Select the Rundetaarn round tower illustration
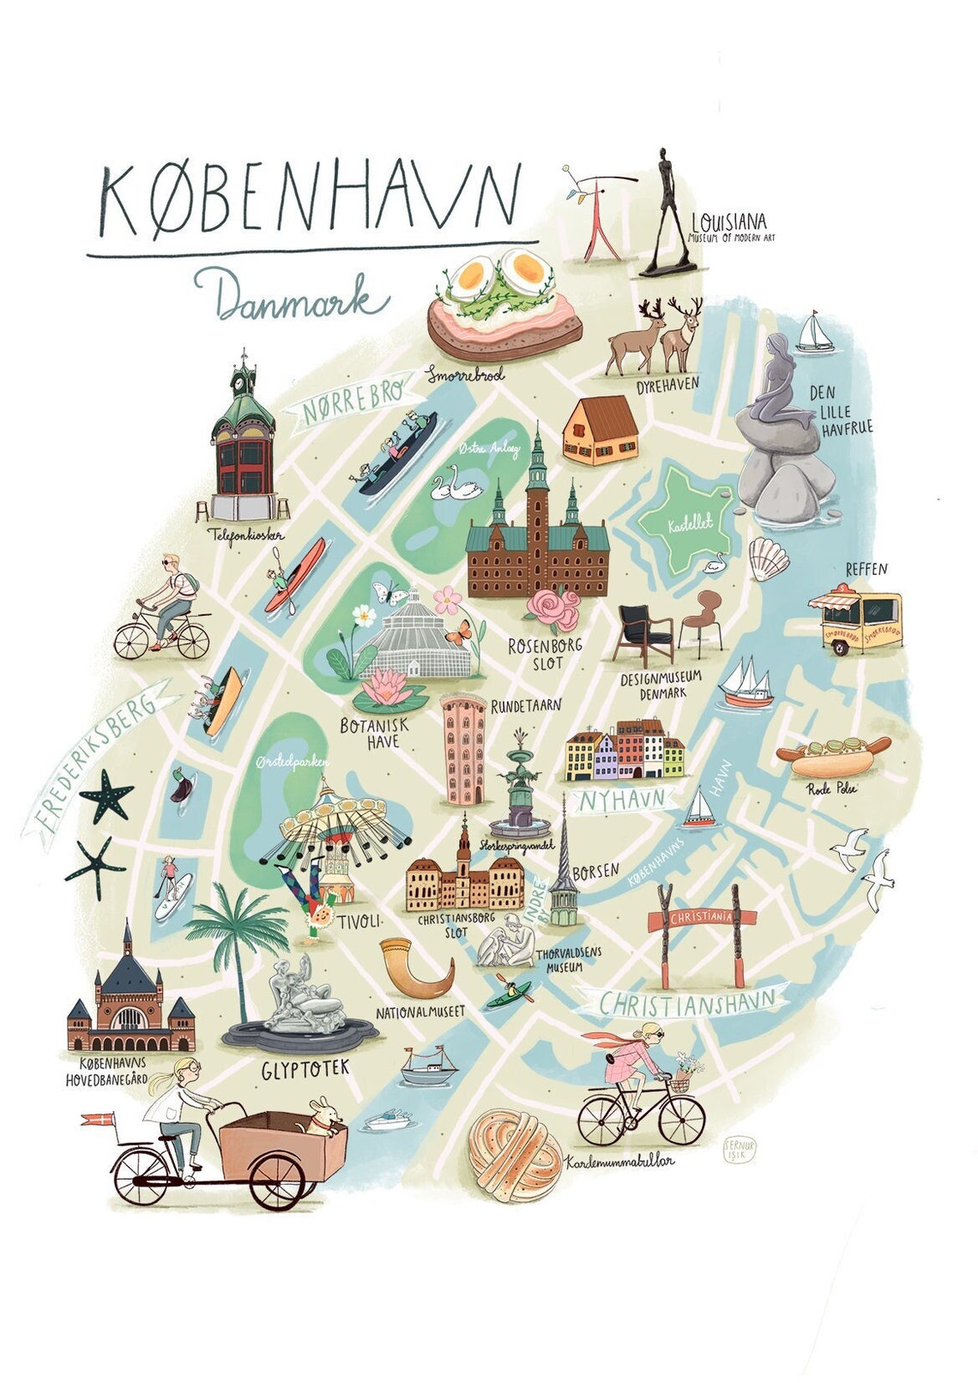point(464,749)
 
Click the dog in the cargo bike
point(323,1116)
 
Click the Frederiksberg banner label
point(96,754)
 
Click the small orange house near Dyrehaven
point(601,431)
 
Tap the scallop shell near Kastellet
point(768,559)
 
